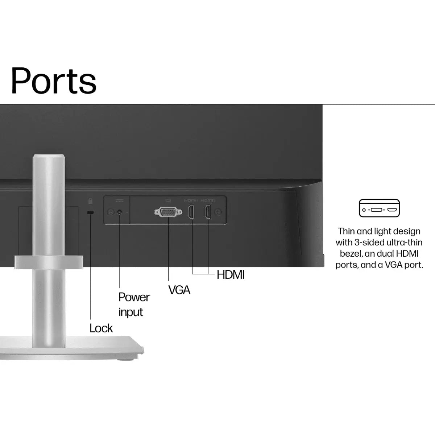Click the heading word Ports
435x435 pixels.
point(54,80)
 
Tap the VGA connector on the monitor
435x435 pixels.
point(168,212)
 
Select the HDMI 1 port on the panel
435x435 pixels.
point(191,212)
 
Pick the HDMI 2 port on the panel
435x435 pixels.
point(208,212)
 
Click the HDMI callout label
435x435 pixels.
point(231,275)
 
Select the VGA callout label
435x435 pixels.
point(179,290)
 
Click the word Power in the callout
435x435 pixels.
point(134,297)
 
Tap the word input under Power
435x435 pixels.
point(130,312)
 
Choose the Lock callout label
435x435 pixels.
point(101,328)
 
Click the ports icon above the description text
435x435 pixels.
point(379,208)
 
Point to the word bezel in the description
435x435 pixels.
point(353,253)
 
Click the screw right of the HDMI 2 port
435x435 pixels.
point(218,212)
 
